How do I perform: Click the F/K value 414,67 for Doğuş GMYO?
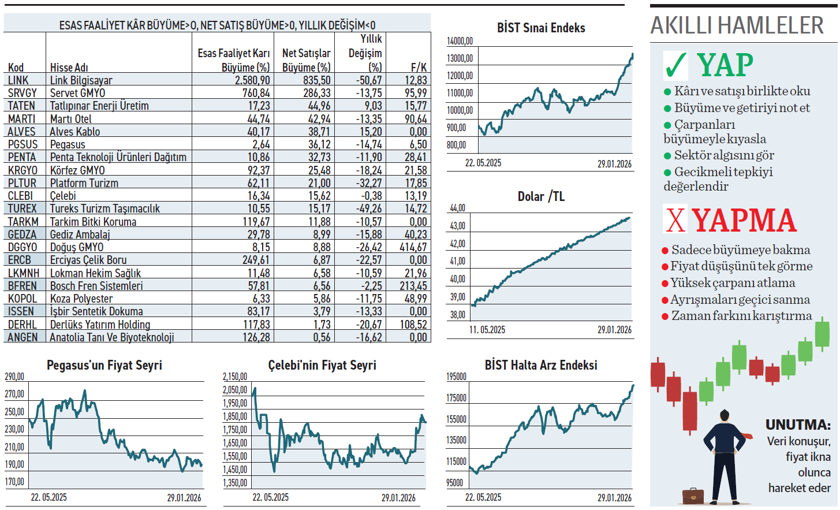(x=413, y=247)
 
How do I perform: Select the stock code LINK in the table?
(x=18, y=80)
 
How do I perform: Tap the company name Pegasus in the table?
(x=68, y=144)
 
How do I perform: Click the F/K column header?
(x=419, y=67)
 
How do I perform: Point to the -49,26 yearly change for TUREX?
(x=369, y=209)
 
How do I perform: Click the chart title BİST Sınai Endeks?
(x=541, y=28)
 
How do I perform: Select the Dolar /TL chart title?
(x=541, y=196)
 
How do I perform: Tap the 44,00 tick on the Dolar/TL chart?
(x=457, y=208)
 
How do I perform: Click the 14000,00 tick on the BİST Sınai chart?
(x=460, y=41)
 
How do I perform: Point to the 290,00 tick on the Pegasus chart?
(x=14, y=377)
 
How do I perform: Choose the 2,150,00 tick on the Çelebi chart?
(x=235, y=377)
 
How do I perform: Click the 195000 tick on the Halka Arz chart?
(x=456, y=377)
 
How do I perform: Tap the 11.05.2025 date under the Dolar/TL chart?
(x=487, y=330)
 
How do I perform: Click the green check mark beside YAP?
(x=675, y=65)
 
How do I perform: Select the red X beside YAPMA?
(x=675, y=220)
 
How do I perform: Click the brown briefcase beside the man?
(x=693, y=496)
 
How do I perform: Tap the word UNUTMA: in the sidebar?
(x=798, y=425)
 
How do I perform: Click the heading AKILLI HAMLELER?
(x=737, y=25)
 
